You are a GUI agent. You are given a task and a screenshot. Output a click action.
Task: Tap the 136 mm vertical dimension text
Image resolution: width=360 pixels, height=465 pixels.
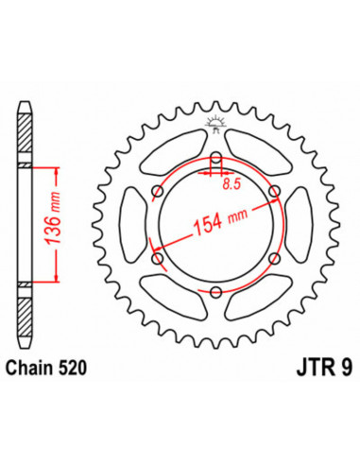click(x=52, y=218)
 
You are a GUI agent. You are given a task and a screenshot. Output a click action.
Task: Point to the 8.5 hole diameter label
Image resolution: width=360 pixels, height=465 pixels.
click(x=231, y=184)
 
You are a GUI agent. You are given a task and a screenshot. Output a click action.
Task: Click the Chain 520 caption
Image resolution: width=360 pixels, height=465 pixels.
click(x=46, y=368)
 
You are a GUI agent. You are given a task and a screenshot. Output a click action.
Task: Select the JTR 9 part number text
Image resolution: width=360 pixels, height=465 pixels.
click(x=324, y=368)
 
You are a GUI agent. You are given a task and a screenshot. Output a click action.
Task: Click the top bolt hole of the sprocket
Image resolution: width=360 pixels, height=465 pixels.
click(x=215, y=158)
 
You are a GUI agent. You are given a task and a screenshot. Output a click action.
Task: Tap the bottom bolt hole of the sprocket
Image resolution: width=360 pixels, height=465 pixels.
click(x=215, y=292)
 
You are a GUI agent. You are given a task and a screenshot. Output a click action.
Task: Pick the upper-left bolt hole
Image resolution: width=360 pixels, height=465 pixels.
click(x=158, y=191)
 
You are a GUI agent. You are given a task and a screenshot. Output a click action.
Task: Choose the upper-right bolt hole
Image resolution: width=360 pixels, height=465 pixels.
click(x=274, y=191)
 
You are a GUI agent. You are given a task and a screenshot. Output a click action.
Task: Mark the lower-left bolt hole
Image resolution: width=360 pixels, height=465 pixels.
click(x=158, y=259)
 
